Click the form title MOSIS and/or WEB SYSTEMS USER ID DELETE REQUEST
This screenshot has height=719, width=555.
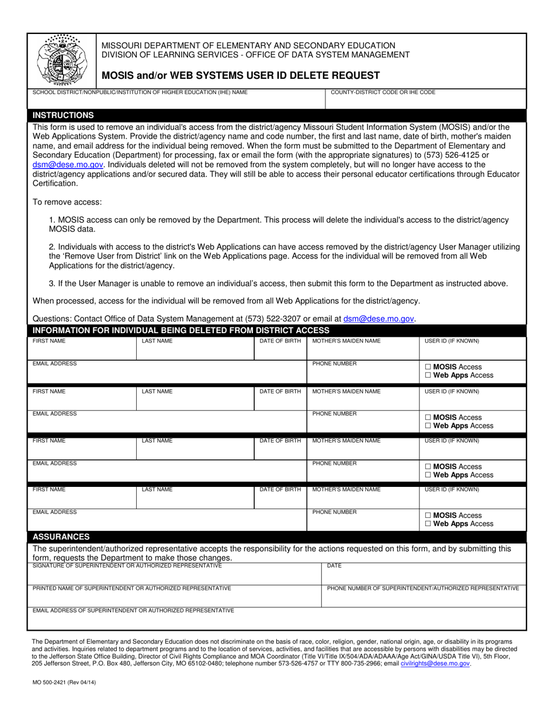tap(241, 75)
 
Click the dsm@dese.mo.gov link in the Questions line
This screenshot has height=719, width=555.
tap(379, 319)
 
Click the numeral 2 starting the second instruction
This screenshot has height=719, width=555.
tap(51, 247)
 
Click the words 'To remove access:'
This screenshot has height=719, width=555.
tap(67, 202)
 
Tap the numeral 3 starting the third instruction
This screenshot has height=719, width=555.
tap(51, 284)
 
